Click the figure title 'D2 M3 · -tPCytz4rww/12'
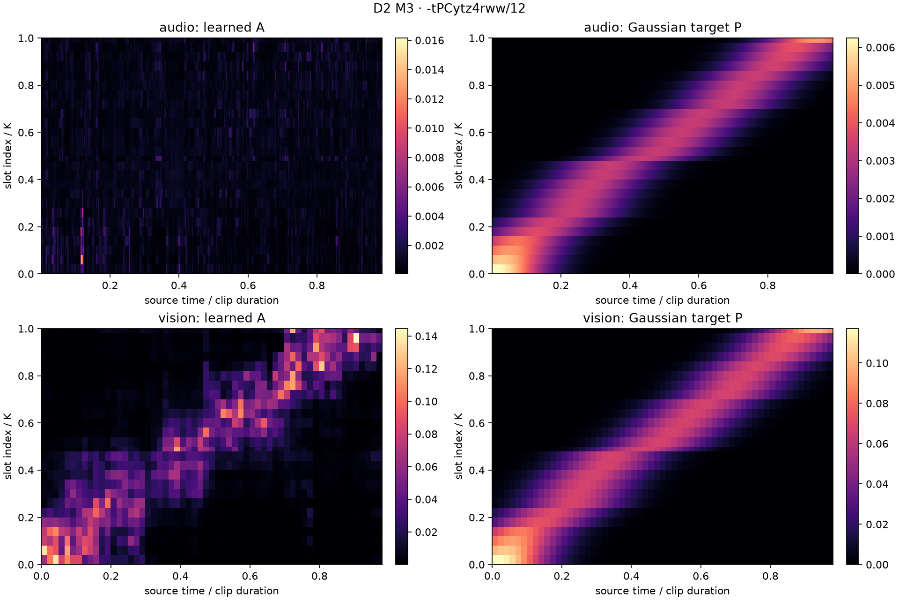[x=449, y=8]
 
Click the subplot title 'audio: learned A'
[x=212, y=28]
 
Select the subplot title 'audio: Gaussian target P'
[x=663, y=28]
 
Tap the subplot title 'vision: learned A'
[x=212, y=318]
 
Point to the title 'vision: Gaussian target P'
[x=663, y=318]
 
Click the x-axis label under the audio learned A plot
[x=212, y=300]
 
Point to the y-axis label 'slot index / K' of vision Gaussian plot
[x=459, y=446]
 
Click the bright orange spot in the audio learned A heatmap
[x=82, y=260]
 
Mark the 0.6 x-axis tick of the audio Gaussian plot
[x=699, y=285]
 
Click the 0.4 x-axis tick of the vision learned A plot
[x=180, y=576]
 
